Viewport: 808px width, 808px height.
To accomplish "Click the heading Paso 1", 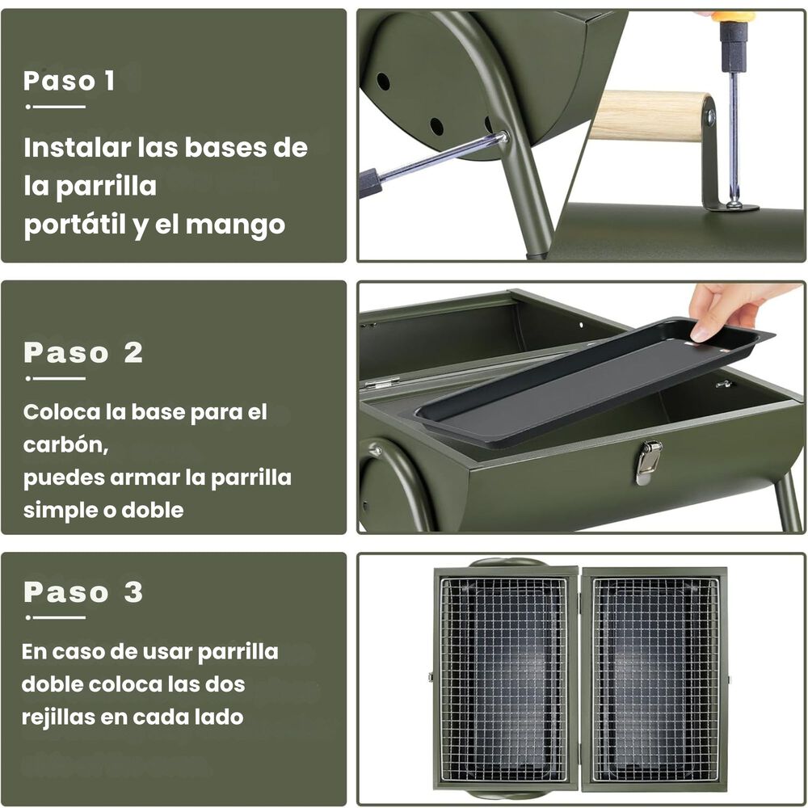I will tap(69, 81).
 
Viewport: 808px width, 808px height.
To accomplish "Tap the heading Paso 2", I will tap(83, 353).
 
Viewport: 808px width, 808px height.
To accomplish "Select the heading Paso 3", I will tap(83, 592).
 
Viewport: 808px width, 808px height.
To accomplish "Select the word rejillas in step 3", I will tap(56, 717).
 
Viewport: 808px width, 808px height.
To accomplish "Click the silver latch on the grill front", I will tap(647, 461).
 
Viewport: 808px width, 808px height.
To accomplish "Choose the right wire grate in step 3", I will tap(655, 679).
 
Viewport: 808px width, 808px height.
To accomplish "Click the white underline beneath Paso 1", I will tap(55, 106).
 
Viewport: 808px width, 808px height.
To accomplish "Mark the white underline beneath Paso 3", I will tap(55, 617).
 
